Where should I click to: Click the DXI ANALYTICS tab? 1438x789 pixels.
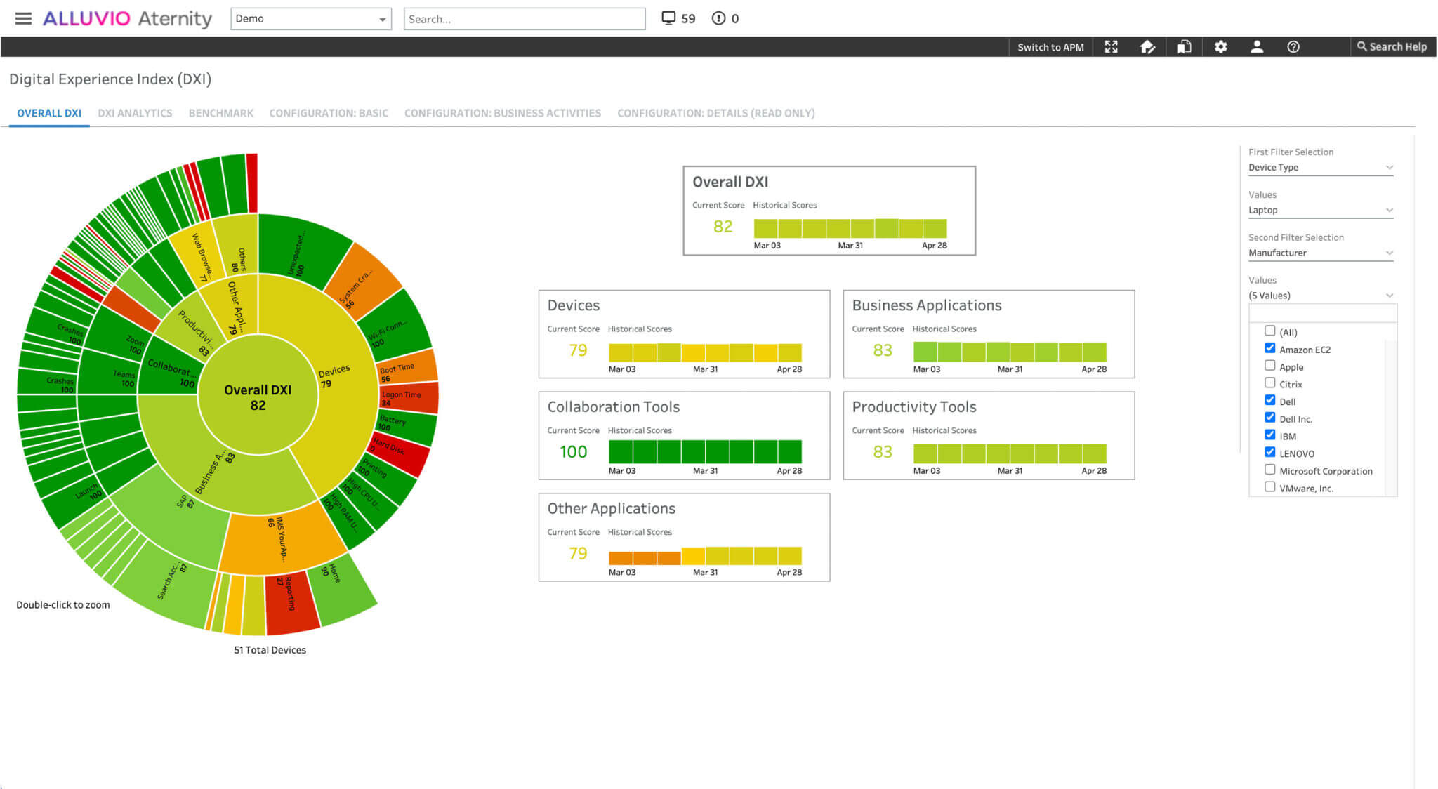click(x=135, y=113)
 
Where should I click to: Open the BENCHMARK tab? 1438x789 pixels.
click(x=220, y=113)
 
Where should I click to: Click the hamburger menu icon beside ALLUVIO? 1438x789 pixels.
click(x=23, y=18)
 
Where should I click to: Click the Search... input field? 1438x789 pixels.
click(x=524, y=19)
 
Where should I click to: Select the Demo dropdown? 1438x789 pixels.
click(x=310, y=19)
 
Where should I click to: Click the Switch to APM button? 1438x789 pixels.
click(x=1050, y=47)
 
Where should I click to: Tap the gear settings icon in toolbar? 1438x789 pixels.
click(x=1220, y=47)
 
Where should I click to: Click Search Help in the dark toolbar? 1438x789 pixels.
click(x=1392, y=47)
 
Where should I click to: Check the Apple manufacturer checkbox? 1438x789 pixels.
click(x=1269, y=366)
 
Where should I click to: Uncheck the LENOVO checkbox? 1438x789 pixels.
click(x=1269, y=453)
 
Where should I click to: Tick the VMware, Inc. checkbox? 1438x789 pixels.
click(x=1269, y=487)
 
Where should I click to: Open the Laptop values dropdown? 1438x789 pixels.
click(x=1320, y=210)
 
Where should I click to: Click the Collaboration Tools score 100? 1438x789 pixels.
click(x=573, y=451)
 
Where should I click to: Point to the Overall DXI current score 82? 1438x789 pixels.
click(x=723, y=226)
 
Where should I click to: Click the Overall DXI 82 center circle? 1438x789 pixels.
click(x=258, y=397)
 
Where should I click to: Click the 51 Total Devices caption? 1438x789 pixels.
click(x=270, y=650)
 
